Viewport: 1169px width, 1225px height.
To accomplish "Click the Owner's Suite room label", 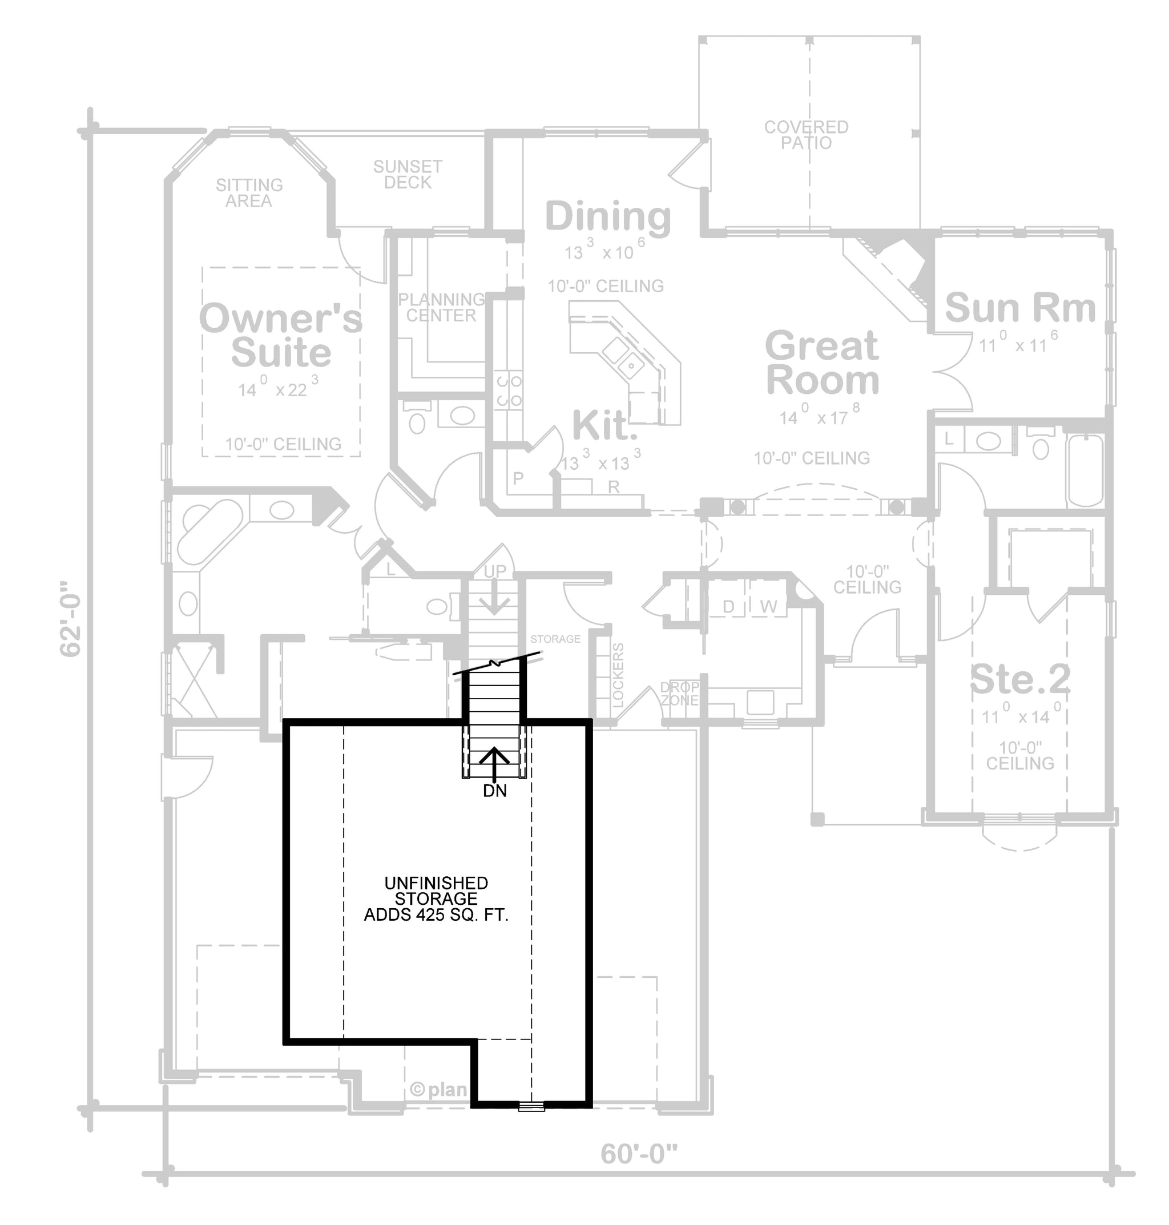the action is [x=280, y=335].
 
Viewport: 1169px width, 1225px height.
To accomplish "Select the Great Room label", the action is [x=823, y=362].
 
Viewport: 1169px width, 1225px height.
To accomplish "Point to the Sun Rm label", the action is [x=1020, y=308].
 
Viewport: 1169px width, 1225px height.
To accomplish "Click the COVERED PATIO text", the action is [x=807, y=135].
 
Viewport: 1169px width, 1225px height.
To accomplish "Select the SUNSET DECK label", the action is [x=408, y=175].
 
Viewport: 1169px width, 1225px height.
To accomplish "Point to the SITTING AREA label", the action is [x=249, y=192].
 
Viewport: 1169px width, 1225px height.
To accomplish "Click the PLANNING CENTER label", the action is [x=441, y=307].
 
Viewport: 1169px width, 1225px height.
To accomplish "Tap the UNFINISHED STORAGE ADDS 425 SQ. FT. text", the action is [x=436, y=898].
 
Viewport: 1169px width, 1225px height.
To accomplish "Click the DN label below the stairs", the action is [x=495, y=791].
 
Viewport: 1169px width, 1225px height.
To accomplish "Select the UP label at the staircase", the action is [x=495, y=571].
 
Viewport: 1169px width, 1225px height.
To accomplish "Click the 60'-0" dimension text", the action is [x=639, y=1154].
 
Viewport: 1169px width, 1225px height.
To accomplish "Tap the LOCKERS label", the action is [x=618, y=675].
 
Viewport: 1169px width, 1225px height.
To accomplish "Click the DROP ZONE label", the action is [x=680, y=694].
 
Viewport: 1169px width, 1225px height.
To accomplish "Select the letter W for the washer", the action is [x=769, y=606].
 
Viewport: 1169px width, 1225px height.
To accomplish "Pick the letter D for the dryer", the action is [x=728, y=606].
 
